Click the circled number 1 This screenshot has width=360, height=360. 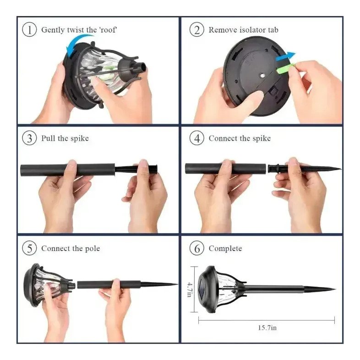point(29,30)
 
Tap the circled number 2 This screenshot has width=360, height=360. point(197,30)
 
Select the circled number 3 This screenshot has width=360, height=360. point(29,138)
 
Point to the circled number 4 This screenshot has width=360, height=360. point(197,138)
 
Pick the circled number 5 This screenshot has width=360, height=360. point(29,248)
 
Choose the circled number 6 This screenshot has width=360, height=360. point(197,248)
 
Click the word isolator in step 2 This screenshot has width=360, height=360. point(252,30)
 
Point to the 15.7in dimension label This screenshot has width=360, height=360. point(267,327)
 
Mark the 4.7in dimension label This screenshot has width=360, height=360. point(190,289)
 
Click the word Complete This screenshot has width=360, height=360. point(225,248)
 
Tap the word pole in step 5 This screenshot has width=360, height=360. point(93,249)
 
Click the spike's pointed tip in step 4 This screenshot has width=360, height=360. point(341,169)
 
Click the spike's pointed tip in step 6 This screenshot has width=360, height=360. point(335,289)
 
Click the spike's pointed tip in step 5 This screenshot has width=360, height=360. point(177,284)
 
